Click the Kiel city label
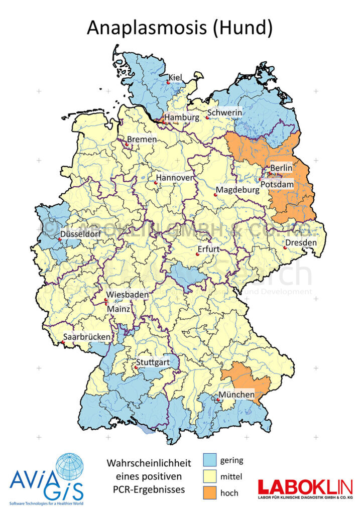(x=175, y=77)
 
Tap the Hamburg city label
(x=182, y=117)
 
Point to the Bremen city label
(x=142, y=140)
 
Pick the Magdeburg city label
(x=237, y=191)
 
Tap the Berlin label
(x=281, y=168)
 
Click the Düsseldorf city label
(x=80, y=234)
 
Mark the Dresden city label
(x=301, y=243)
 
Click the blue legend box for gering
(x=209, y=459)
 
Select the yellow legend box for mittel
(x=209, y=476)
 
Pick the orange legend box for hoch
(x=209, y=492)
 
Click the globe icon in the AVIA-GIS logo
(x=70, y=467)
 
